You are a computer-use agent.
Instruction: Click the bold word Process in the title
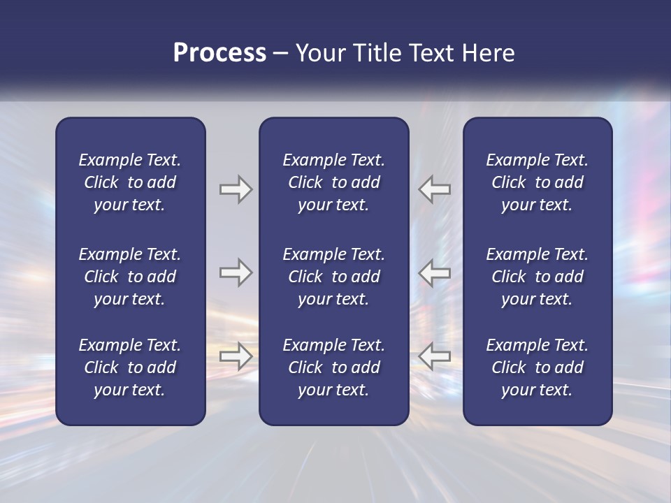click(219, 53)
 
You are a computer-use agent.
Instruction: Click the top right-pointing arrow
click(236, 189)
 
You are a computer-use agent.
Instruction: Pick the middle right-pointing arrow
click(236, 272)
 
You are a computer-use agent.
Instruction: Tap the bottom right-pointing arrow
click(236, 356)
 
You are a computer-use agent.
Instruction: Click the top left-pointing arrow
click(435, 189)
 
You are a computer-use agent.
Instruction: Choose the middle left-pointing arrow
click(435, 272)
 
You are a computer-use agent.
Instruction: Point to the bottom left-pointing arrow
click(435, 356)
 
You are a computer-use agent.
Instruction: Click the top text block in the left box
click(130, 182)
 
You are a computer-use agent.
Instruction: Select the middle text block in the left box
click(130, 277)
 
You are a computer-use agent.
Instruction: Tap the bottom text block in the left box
click(130, 367)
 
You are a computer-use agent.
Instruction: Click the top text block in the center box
click(333, 182)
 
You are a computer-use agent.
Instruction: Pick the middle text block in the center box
click(333, 277)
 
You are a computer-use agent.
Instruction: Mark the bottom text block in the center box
click(333, 367)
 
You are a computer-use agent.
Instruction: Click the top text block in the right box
click(537, 182)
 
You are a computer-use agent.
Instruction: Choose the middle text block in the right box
click(537, 277)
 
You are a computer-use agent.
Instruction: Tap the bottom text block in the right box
click(537, 367)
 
